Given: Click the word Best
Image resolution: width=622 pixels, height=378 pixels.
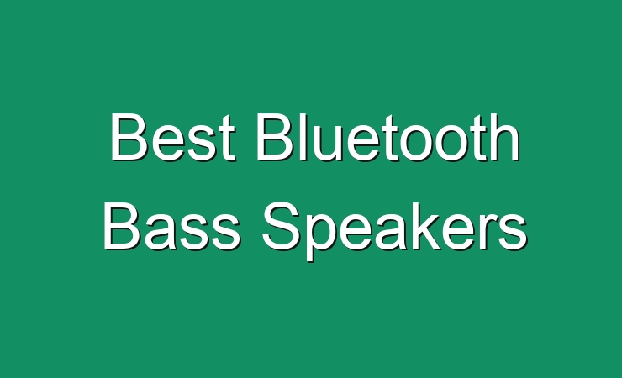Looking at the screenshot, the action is pyautogui.click(x=172, y=137).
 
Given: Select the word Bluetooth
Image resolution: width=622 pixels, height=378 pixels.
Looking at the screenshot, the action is pyautogui.click(x=388, y=137).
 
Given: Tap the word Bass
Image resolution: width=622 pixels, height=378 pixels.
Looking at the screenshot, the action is pyautogui.click(x=171, y=226).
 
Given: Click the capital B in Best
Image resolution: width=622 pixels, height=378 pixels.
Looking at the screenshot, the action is pyautogui.click(x=127, y=137).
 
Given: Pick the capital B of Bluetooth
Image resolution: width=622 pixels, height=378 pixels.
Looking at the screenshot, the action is pyautogui.click(x=275, y=137).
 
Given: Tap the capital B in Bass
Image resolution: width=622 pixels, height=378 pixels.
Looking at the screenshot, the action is pyautogui.click(x=121, y=226).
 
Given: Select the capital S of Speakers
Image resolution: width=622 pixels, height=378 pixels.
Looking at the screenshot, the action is pyautogui.click(x=280, y=226).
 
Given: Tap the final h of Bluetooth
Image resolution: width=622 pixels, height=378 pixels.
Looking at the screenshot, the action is pyautogui.click(x=506, y=137).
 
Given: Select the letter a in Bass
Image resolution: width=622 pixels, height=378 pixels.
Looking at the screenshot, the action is pyautogui.click(x=158, y=233).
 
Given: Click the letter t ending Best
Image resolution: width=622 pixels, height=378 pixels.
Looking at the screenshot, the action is pyautogui.click(x=228, y=139).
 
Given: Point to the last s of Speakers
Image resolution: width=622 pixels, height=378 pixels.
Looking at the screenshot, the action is pyautogui.click(x=514, y=233).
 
